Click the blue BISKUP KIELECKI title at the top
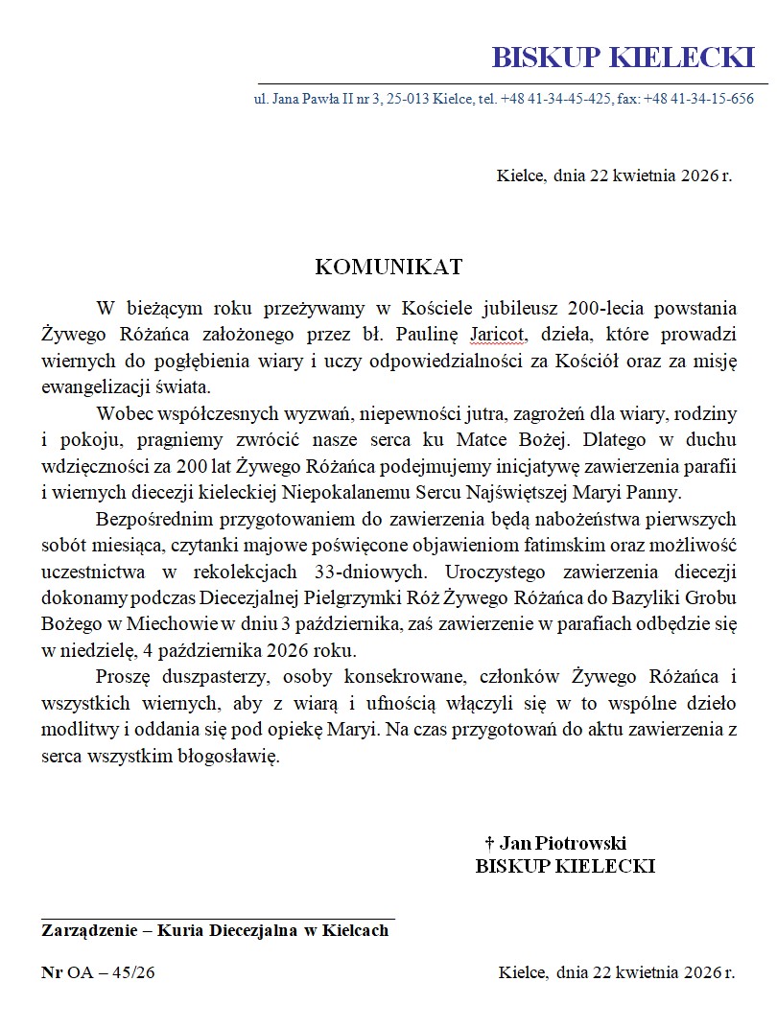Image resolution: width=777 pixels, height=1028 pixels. click(x=624, y=58)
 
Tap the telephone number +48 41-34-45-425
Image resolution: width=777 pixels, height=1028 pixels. click(x=555, y=99)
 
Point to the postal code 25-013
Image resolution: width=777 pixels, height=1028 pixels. click(x=407, y=99)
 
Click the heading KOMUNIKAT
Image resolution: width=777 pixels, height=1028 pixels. click(x=388, y=266)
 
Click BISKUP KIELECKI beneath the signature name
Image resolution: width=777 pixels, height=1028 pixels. click(x=565, y=866)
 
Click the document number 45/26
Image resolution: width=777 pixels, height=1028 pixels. click(x=133, y=972)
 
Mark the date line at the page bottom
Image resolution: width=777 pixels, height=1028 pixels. click(x=616, y=972)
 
